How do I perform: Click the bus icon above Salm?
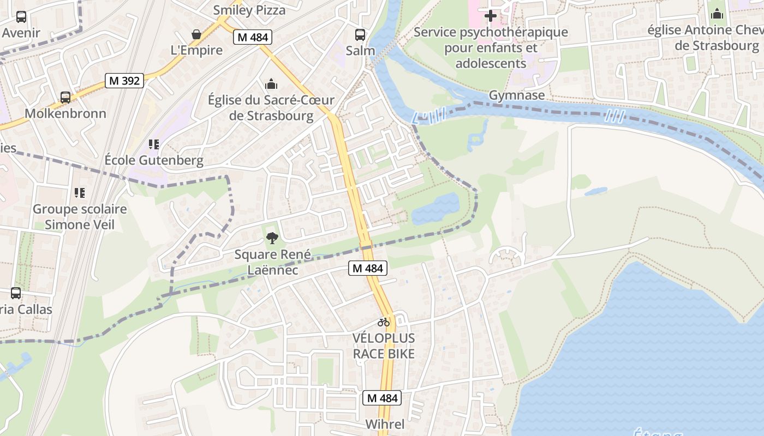pos(360,34)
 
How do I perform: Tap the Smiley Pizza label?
pos(249,10)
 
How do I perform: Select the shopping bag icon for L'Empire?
pos(196,34)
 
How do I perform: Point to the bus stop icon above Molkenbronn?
pos(65,98)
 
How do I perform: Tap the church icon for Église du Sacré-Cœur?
pos(271,84)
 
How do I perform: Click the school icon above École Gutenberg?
pos(154,144)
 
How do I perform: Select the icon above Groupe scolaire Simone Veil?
pos(80,193)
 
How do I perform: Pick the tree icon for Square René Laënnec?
pos(272,238)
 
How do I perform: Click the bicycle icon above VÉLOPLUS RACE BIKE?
pos(384,322)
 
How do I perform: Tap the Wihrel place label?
pos(385,425)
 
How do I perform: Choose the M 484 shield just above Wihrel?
pos(382,398)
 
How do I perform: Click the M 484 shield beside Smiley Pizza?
pos(253,37)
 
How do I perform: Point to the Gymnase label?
pos(516,95)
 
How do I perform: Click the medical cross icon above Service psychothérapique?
pos(491,16)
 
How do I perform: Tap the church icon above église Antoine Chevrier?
pos(717,14)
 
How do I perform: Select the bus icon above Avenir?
pos(21,17)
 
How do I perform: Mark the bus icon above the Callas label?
pos(16,293)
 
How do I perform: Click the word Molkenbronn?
pos(65,113)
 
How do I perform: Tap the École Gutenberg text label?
pos(154,161)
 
